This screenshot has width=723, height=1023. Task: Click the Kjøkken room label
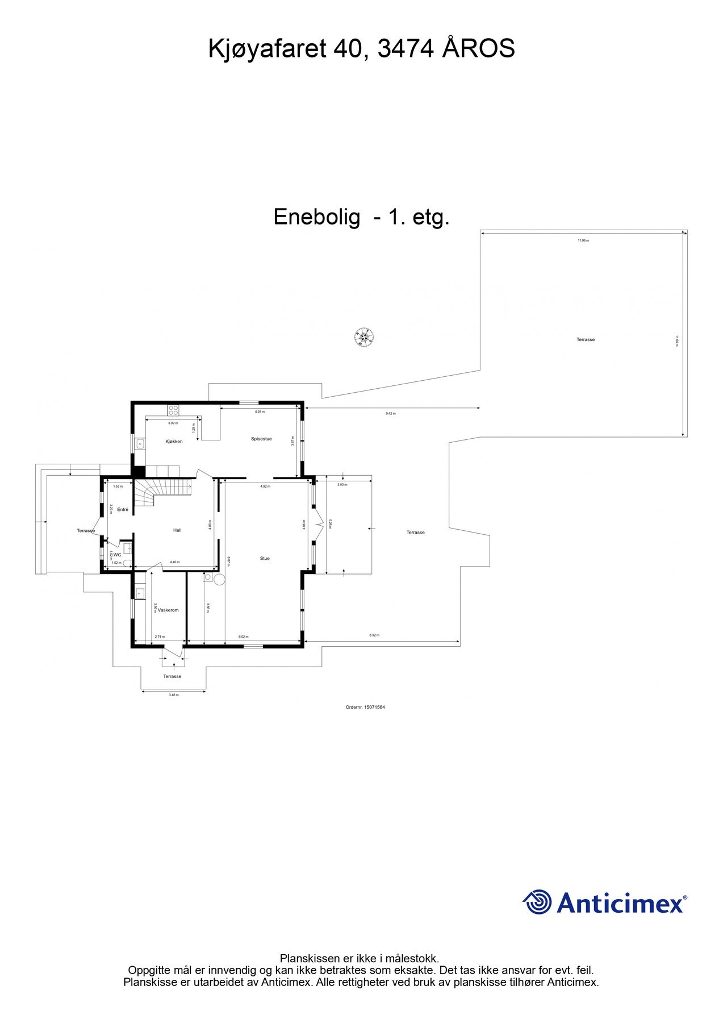174,442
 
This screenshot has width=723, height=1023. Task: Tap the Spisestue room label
261,439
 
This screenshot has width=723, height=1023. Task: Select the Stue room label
265,559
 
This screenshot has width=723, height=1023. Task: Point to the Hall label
177,530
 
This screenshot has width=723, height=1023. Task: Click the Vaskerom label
168,610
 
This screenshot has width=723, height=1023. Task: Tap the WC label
117,555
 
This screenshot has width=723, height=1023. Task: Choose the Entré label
123,510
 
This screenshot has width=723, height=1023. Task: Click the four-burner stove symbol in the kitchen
173,409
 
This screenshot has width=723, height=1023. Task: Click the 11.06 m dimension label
583,241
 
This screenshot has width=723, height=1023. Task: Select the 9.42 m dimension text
390,414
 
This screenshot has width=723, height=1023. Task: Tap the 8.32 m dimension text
374,635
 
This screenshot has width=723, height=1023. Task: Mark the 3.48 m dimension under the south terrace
173,695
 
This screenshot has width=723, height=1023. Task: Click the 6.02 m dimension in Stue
243,637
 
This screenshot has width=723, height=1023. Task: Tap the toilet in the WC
127,563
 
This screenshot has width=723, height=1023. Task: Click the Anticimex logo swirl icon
537,903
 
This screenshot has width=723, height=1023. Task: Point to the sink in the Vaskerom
140,593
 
